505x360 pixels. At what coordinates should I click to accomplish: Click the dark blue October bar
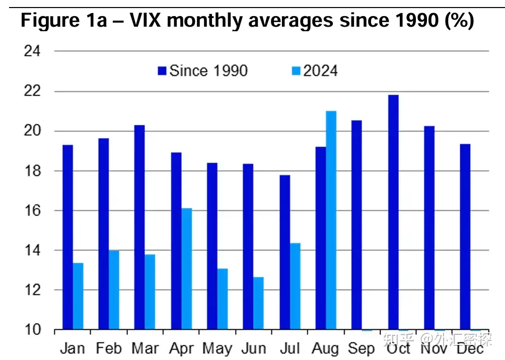[x=393, y=212]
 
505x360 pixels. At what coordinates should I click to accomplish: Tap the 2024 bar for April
[x=186, y=269]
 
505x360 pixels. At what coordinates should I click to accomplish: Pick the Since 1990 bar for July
[x=284, y=252]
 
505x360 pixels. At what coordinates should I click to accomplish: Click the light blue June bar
[x=258, y=303]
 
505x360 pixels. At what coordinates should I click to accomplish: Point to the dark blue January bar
[x=67, y=237]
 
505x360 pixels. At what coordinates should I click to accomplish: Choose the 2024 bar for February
[x=114, y=290]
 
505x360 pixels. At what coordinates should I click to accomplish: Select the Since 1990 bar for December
[x=465, y=237]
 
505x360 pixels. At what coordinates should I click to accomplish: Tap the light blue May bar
[x=222, y=299]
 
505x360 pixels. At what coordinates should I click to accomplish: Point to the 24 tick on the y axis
[x=33, y=51]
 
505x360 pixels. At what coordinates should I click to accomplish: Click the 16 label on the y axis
[x=33, y=210]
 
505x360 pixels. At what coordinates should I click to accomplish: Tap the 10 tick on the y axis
[x=33, y=330]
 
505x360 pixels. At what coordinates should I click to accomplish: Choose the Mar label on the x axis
[x=146, y=348]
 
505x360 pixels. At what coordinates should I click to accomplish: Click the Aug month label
[x=325, y=348]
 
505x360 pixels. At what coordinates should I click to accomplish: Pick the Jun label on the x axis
[x=253, y=348]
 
